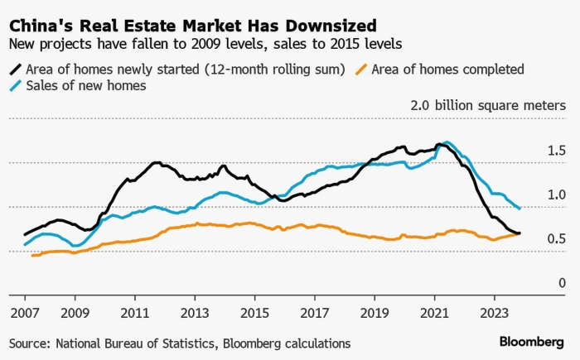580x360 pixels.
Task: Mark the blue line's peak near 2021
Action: click(447, 142)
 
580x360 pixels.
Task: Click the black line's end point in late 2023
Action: click(520, 233)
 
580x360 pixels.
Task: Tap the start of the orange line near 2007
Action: click(31, 255)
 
